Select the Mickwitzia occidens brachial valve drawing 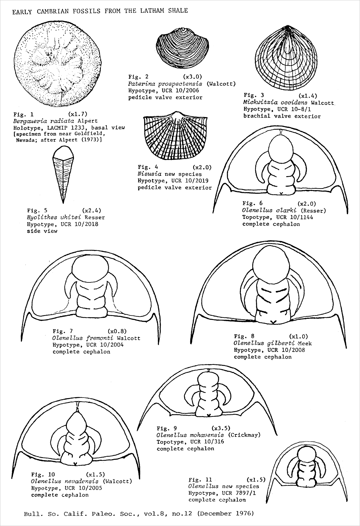coord(285,58)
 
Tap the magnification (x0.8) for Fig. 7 coord(117,331)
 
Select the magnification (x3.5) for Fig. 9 coord(221,428)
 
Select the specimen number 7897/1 coord(245,493)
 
